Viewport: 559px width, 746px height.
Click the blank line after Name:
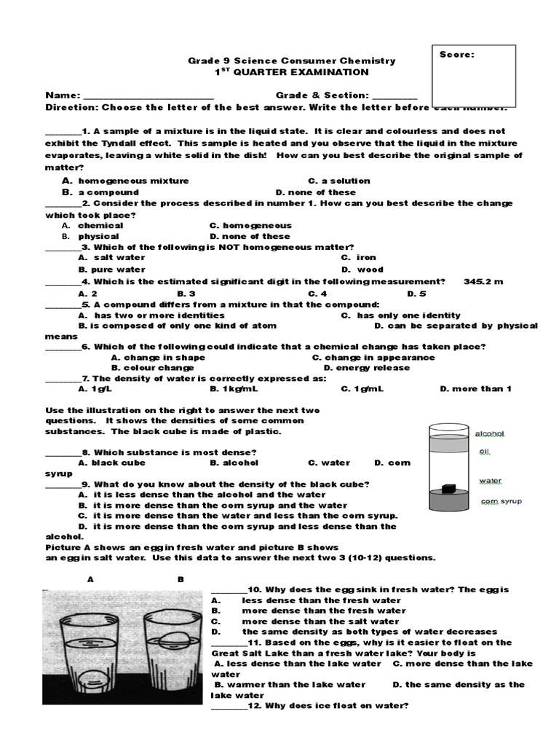[x=148, y=96]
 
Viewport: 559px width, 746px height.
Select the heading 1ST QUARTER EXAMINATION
[x=291, y=73]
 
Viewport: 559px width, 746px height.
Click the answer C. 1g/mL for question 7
[x=362, y=389]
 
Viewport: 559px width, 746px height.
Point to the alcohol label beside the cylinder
[x=490, y=433]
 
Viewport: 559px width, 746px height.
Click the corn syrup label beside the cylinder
[x=501, y=501]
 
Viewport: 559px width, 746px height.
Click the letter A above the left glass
[x=91, y=580]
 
